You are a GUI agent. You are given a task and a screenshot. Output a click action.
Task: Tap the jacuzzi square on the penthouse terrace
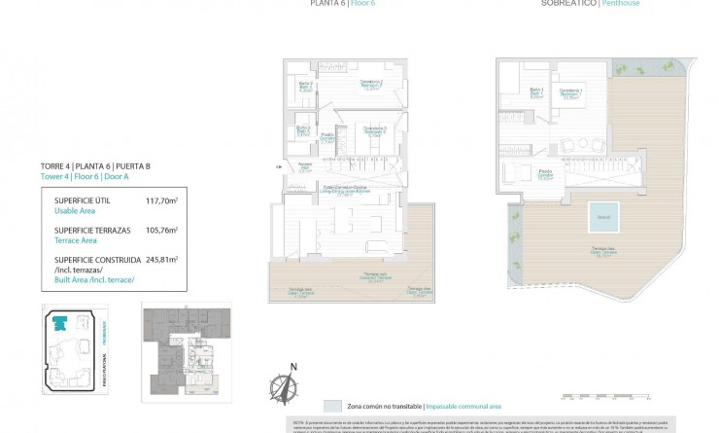click(x=602, y=216)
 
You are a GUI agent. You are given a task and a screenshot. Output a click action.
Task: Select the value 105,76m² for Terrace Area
click(x=161, y=231)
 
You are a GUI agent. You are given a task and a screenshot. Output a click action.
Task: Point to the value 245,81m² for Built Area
click(x=161, y=260)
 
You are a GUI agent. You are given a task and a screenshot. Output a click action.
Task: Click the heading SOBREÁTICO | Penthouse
click(x=590, y=4)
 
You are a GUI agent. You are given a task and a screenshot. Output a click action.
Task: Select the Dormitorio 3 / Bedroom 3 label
click(x=375, y=130)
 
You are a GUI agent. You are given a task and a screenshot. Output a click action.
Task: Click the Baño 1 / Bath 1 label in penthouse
click(x=535, y=92)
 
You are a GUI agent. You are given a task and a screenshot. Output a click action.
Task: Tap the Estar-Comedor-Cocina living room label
click(x=346, y=189)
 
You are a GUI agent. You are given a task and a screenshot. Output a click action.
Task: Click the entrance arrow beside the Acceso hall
click(x=280, y=166)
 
